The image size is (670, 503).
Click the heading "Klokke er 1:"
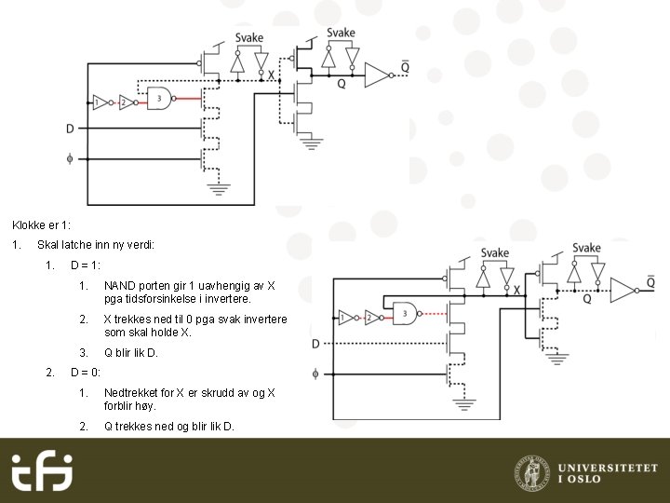coord(41,225)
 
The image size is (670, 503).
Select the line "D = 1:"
coord(86,265)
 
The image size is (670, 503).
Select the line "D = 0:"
coord(86,373)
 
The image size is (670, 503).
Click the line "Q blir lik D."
coord(131,353)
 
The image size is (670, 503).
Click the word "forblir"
coord(119,406)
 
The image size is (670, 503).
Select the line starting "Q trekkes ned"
coord(169,427)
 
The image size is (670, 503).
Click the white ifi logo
coord(41,472)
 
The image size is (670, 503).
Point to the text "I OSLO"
coord(580,479)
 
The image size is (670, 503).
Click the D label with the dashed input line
coord(315,344)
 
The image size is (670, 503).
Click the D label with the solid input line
coord(70,129)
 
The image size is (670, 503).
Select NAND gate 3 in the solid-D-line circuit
coord(161,100)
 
